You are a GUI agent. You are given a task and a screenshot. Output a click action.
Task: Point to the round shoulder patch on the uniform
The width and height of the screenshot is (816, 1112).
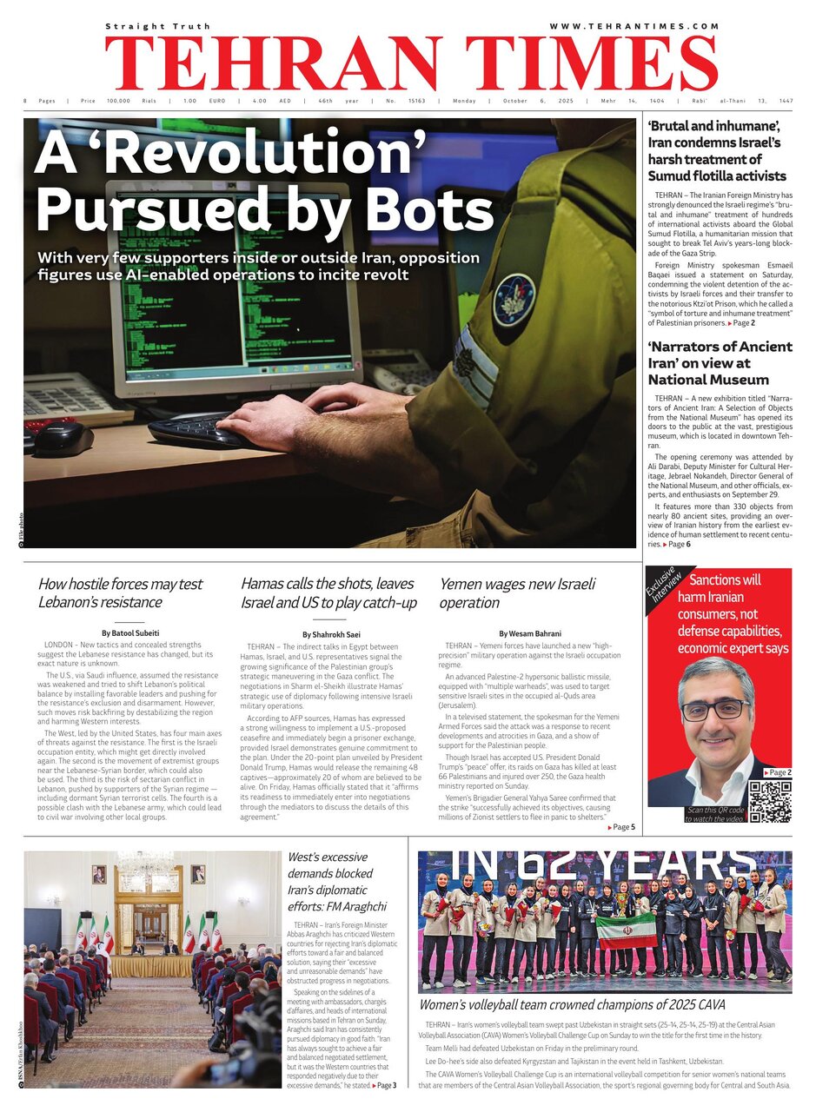tap(514, 300)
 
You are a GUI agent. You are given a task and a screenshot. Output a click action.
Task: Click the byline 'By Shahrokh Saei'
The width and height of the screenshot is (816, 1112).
tap(331, 634)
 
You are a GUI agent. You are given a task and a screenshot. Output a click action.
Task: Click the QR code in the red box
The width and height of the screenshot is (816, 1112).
tap(770, 800)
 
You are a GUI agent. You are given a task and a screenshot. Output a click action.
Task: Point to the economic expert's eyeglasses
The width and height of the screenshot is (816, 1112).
tap(714, 709)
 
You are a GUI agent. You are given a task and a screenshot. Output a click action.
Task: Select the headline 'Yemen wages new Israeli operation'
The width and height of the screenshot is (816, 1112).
tap(517, 592)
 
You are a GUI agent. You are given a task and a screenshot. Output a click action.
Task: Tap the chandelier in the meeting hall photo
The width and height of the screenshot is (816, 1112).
tap(145, 864)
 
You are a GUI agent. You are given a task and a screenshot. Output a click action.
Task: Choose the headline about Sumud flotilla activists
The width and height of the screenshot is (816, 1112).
tap(717, 151)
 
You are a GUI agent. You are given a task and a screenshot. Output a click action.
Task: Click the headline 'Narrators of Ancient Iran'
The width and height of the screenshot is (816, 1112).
tap(720, 362)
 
